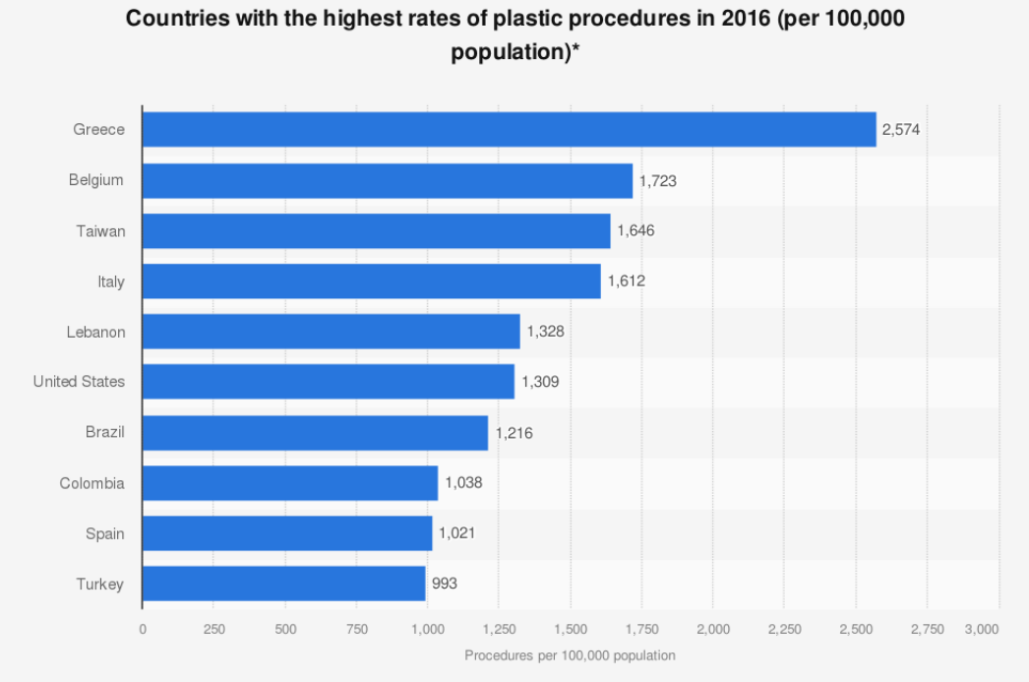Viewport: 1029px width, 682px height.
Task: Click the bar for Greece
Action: click(510, 129)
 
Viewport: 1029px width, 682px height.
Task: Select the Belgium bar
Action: click(388, 180)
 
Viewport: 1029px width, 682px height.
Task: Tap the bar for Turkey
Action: click(283, 584)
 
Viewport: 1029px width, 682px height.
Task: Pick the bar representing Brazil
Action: click(315, 433)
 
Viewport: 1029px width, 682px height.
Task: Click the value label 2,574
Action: click(901, 129)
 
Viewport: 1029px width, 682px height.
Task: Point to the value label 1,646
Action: click(636, 230)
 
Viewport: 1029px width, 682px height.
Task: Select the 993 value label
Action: click(445, 584)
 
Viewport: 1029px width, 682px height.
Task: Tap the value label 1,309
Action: click(540, 382)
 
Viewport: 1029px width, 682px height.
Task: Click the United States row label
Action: click(79, 382)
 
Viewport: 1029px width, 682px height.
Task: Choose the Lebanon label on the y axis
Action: click(95, 332)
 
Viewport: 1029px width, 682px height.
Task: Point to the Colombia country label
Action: click(91, 483)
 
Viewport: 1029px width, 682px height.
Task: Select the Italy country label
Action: click(111, 281)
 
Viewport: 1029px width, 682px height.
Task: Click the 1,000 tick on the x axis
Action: click(428, 629)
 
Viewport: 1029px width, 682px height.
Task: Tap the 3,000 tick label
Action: click(982, 629)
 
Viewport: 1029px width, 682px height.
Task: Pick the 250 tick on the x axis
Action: click(213, 629)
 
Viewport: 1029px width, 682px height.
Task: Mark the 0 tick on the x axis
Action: click(143, 629)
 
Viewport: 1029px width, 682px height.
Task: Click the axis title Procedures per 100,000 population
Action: click(570, 655)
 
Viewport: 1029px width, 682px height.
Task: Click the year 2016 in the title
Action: click(746, 19)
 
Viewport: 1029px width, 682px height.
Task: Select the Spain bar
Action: click(287, 533)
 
